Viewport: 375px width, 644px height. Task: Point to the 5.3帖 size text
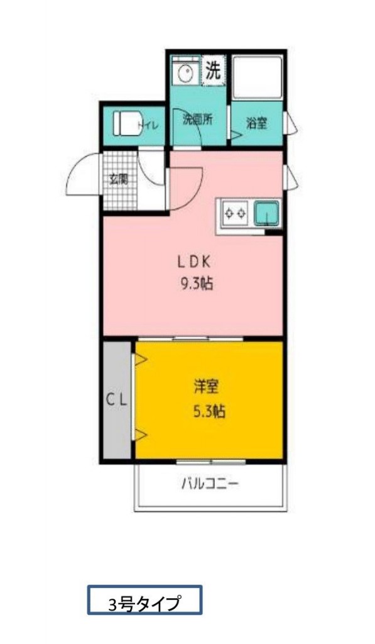[x=209, y=412]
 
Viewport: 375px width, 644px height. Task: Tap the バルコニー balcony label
[x=210, y=484]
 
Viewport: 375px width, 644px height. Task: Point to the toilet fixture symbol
[x=125, y=123]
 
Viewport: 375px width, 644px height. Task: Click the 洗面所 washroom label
[x=197, y=119]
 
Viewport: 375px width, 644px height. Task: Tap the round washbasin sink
[x=185, y=73]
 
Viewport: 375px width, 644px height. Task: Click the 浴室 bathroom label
[x=256, y=123]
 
